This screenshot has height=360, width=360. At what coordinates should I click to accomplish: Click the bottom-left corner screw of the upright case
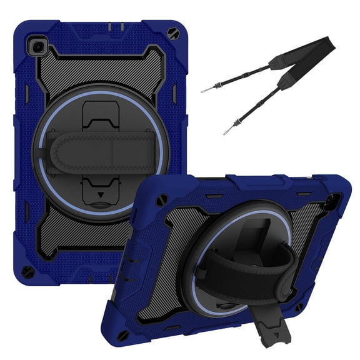pos(27,273)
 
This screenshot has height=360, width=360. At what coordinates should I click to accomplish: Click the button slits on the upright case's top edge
pos(116,27)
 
